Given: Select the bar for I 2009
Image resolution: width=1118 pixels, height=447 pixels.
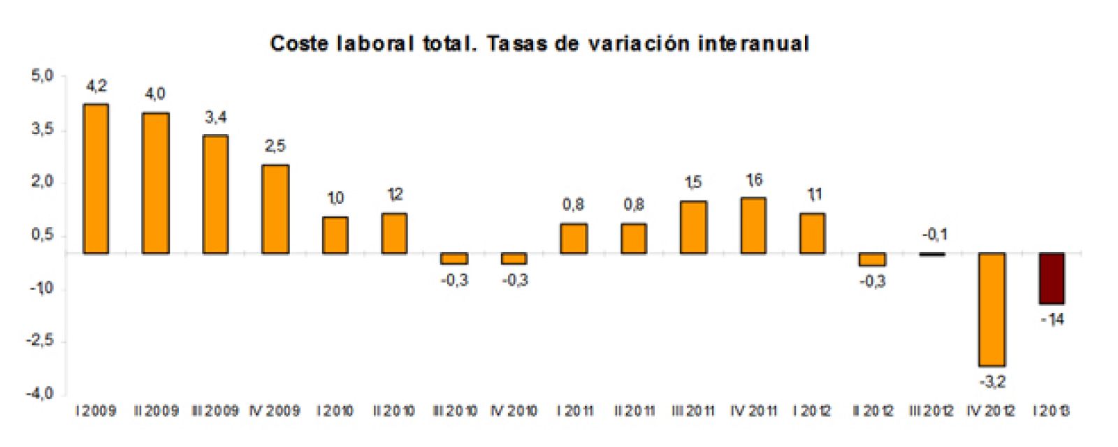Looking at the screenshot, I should pos(96,179).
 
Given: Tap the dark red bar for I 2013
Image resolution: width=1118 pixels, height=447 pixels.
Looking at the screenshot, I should pos(1052,279).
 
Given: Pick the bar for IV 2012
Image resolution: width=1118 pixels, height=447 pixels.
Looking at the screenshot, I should pos(992,309).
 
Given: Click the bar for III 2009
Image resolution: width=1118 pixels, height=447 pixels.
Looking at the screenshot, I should pos(215,194).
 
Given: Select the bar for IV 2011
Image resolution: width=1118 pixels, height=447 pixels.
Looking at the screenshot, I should pos(753,226).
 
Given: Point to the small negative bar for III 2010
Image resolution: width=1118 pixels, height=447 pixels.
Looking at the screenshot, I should pos(454,258).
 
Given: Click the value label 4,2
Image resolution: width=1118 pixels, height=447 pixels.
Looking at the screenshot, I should pos(96,86).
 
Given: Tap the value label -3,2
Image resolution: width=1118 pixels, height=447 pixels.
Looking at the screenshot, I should pos(992,382).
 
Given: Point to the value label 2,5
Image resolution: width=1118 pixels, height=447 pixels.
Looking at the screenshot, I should pos(275,146).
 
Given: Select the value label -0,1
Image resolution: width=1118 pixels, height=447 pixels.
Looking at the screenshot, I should pos(934,235).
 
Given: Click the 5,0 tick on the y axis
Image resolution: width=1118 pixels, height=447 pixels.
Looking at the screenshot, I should pos(42,75).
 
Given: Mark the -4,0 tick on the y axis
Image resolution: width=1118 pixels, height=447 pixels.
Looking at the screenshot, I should pos(40,394).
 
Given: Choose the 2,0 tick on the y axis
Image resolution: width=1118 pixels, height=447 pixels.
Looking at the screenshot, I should pos(42,182).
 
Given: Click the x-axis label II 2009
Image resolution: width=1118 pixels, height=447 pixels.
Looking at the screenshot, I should pos(156,411).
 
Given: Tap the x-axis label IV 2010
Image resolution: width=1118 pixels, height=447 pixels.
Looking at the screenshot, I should pos(514,411).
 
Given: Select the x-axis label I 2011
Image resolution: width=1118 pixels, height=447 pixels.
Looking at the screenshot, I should pos(574,411).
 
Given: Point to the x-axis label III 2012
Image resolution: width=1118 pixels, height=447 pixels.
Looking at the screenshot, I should pos(931,411).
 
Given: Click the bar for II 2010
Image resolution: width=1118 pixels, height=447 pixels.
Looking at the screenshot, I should pos(395,233).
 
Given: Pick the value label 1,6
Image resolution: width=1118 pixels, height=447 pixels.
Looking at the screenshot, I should pos(754,180).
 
